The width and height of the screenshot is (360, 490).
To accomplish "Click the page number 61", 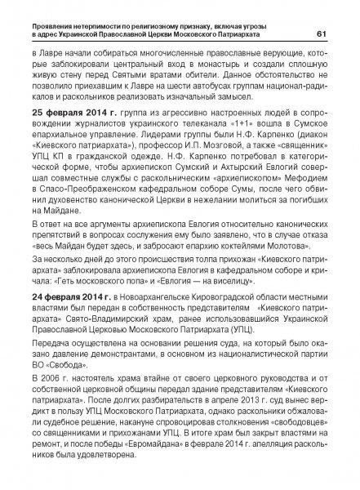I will click(x=322, y=33).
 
